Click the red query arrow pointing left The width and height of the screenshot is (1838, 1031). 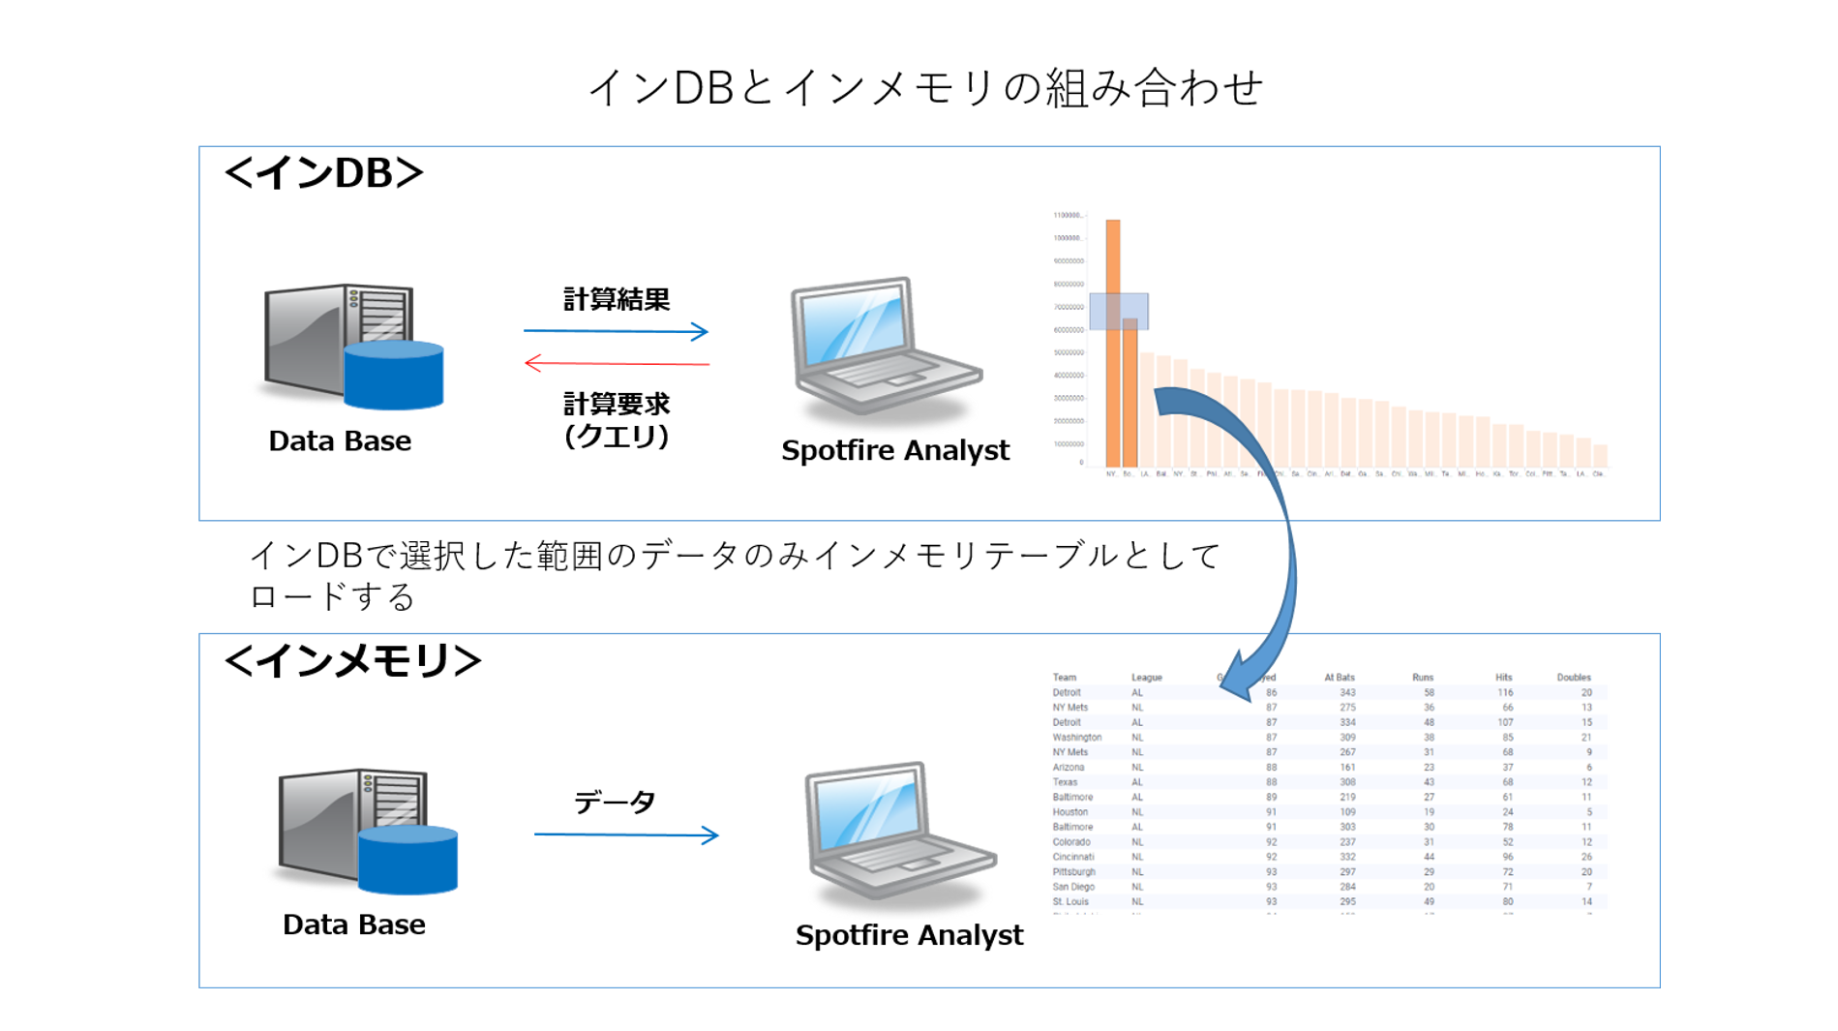click(617, 364)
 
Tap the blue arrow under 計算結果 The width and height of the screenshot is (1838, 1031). click(616, 331)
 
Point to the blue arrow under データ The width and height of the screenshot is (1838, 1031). click(625, 834)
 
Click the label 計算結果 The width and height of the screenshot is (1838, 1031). click(617, 300)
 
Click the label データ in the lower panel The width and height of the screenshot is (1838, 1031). click(615, 802)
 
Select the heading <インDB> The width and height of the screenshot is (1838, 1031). click(324, 173)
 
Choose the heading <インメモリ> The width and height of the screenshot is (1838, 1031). click(352, 661)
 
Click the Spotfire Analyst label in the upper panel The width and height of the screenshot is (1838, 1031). click(894, 450)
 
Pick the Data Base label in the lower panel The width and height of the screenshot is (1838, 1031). click(353, 925)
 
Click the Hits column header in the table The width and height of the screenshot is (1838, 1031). click(1502, 678)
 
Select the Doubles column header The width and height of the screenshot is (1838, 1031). click(1573, 678)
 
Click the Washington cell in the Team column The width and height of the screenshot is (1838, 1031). click(1076, 738)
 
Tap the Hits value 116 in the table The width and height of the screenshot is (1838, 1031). click(1504, 693)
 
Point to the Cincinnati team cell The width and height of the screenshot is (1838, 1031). click(1073, 857)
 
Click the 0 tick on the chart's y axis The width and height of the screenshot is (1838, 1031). click(1081, 463)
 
